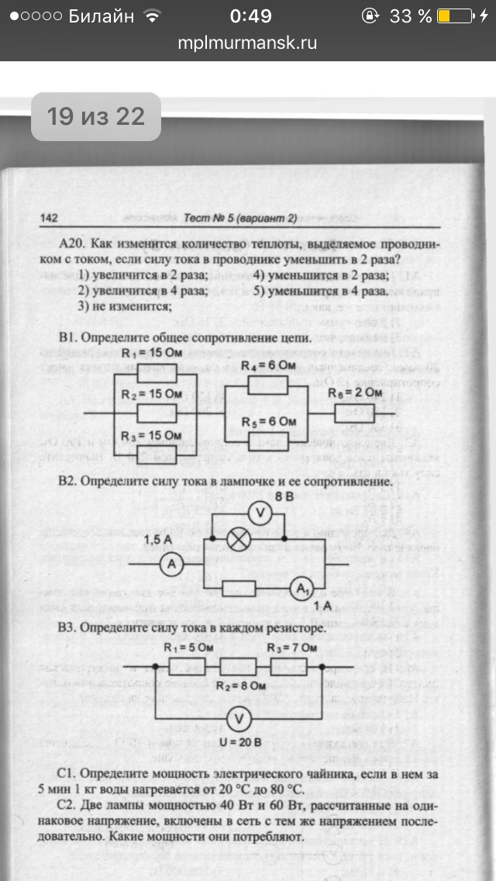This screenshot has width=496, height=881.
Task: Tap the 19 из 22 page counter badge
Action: coord(95,117)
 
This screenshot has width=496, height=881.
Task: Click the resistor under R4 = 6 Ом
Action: coord(267,385)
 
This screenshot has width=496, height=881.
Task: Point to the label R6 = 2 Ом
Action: coord(354,393)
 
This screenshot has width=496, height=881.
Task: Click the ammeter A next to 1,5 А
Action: coord(173,566)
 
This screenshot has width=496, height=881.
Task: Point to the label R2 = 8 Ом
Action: coord(237,686)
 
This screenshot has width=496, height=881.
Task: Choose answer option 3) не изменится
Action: coord(124,306)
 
